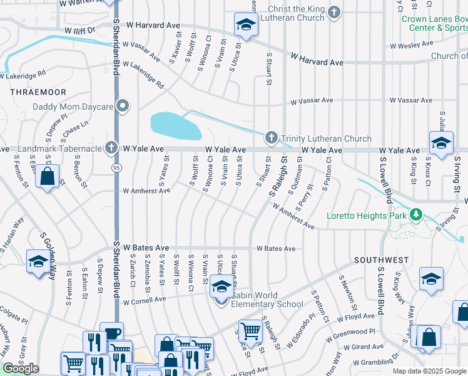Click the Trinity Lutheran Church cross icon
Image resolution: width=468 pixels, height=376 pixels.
click(271, 137)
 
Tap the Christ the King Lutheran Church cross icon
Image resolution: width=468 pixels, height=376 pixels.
click(335, 13)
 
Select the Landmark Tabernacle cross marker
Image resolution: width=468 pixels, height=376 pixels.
click(111, 148)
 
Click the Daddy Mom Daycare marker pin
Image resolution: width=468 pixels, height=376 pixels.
click(123, 106)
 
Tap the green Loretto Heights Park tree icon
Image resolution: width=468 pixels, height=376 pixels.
click(417, 216)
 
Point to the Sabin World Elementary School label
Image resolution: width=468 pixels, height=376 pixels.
click(267, 300)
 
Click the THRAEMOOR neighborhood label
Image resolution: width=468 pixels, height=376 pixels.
click(29, 91)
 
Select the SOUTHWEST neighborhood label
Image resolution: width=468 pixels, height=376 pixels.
click(381, 259)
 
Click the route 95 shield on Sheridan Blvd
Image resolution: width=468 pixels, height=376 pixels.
click(116, 168)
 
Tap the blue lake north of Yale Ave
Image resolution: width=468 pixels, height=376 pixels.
click(175, 125)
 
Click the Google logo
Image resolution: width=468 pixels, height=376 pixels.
click(21, 368)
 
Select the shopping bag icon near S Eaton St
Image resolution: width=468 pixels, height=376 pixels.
click(48, 176)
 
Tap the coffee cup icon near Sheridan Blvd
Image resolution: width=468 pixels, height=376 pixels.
click(112, 333)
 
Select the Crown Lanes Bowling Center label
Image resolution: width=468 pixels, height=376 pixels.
click(434, 23)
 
